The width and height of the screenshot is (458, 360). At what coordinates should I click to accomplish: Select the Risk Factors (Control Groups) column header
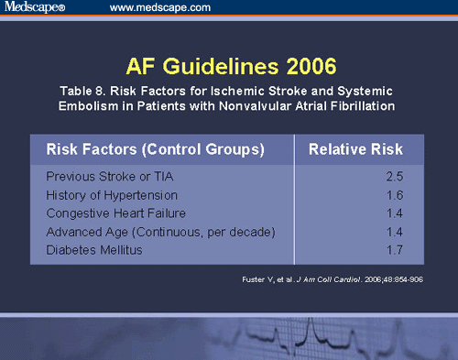148,148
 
